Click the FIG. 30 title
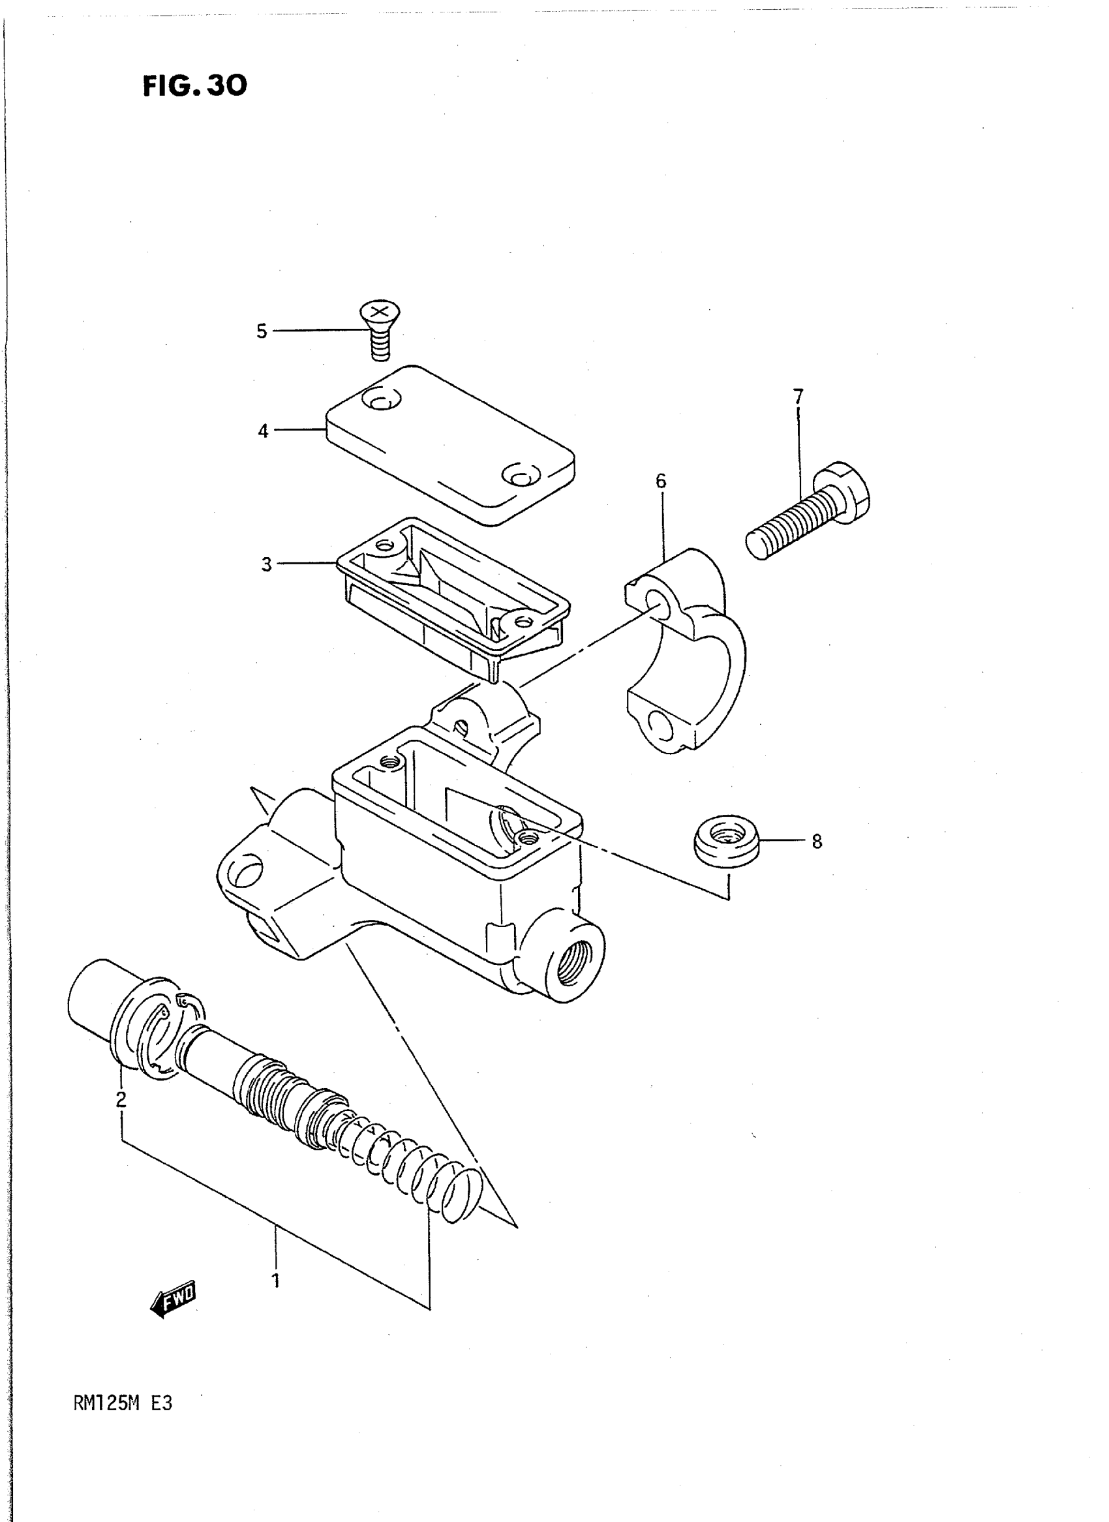coord(194,85)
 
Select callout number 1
coord(275,1281)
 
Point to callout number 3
coord(267,564)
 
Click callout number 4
coord(262,431)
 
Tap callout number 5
coord(261,331)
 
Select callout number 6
coord(661,481)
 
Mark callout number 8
coord(816,841)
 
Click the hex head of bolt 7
coord(843,493)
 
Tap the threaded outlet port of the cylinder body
coord(575,963)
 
